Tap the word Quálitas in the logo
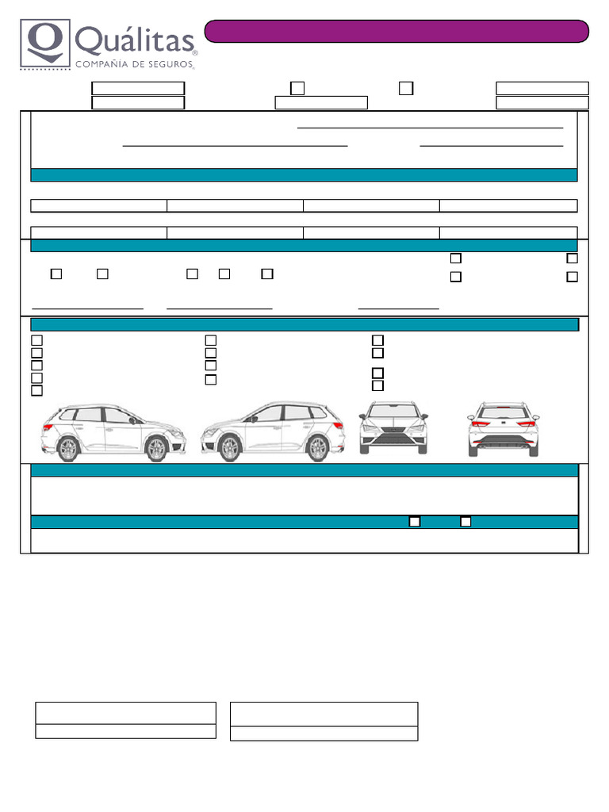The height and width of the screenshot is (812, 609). coord(135,40)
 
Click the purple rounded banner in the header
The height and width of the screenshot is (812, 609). coord(396,31)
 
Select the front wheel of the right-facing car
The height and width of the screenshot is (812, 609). coord(157,450)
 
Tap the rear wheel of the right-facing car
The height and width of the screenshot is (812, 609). coord(68,450)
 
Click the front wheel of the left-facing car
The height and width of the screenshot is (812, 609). coord(230,450)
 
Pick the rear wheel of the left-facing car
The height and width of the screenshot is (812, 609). coord(318,450)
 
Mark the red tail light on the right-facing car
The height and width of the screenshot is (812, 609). coord(47,427)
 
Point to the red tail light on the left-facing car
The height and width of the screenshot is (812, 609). coord(339,426)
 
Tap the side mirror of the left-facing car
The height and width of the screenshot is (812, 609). coord(253,418)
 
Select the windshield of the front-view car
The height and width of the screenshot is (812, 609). coord(393,412)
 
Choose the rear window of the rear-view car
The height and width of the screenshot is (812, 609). coord(503,412)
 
